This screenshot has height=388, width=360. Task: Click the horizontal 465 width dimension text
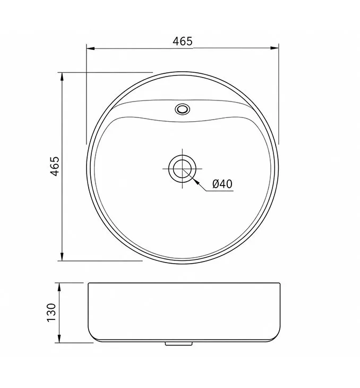pyautogui.click(x=183, y=41)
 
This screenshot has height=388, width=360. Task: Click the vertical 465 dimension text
pyautogui.click(x=55, y=166)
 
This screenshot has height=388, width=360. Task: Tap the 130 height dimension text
pyautogui.click(x=52, y=313)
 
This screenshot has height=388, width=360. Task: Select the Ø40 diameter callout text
pyautogui.click(x=222, y=184)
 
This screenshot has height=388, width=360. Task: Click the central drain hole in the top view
pyautogui.click(x=183, y=168)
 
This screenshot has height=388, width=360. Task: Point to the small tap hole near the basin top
pyautogui.click(x=183, y=109)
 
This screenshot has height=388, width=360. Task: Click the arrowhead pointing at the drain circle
pyautogui.click(x=196, y=182)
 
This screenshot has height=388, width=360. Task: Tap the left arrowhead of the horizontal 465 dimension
pyautogui.click(x=90, y=48)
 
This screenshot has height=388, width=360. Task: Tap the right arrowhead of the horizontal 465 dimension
pyautogui.click(x=275, y=48)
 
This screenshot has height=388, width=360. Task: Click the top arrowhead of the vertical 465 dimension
pyautogui.click(x=62, y=77)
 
